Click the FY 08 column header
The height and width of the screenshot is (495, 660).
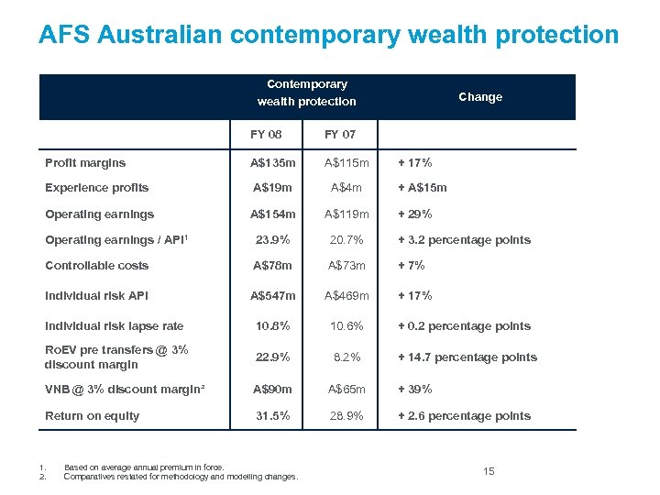tap(267, 135)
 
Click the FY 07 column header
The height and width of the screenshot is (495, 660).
tap(340, 135)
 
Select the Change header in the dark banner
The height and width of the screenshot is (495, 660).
tap(480, 97)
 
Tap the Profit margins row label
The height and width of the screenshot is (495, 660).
tap(85, 163)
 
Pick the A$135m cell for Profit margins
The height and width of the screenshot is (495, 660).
tap(274, 163)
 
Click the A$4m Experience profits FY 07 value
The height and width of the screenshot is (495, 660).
tap(346, 188)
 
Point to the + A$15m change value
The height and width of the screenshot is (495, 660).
tap(422, 188)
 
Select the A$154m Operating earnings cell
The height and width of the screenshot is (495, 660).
tap(274, 214)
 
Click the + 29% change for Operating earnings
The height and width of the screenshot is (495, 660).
tap(414, 214)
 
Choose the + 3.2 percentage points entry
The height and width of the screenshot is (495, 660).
tap(463, 240)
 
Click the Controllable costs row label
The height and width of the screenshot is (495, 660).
tap(96, 266)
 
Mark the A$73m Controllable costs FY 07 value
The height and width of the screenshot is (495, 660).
tap(346, 266)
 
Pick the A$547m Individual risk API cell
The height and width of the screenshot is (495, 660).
tap(274, 296)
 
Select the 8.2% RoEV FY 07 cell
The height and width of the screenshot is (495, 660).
tap(346, 357)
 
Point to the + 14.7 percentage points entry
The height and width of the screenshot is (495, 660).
tap(467, 357)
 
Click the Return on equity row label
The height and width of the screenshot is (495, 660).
tap(92, 416)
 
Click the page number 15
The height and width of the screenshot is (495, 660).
tap(489, 471)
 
